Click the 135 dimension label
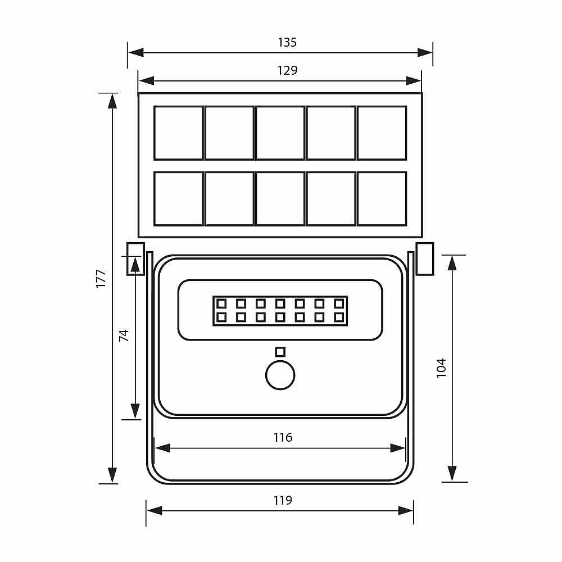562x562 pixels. [x=287, y=42]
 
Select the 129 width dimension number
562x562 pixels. [x=287, y=70]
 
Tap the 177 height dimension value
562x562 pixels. [x=101, y=278]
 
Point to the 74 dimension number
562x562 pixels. [x=124, y=336]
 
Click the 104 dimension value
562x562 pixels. [x=441, y=368]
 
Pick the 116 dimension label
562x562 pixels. [x=283, y=437]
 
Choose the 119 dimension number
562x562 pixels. [x=283, y=500]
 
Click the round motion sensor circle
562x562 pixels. [x=280, y=375]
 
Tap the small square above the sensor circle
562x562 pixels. [x=280, y=352]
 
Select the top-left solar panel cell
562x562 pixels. [x=179, y=133]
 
